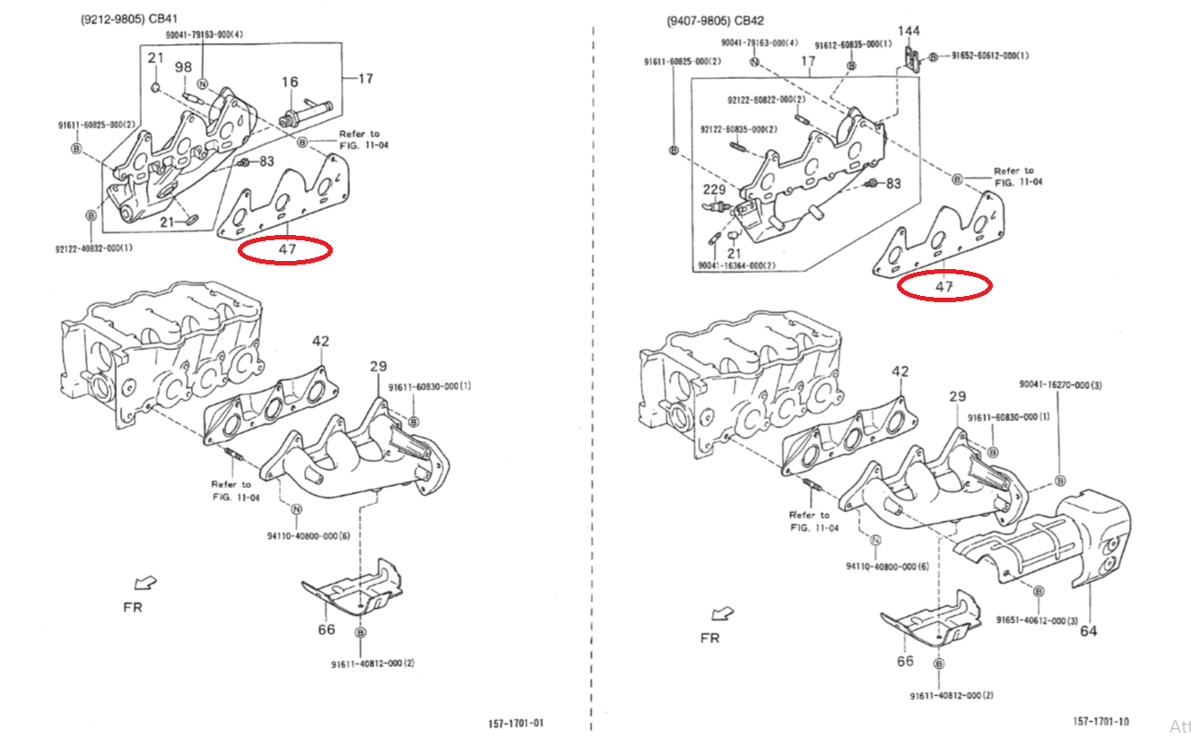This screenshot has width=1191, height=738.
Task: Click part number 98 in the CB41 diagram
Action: coord(183,67)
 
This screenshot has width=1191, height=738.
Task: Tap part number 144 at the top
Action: coord(909,31)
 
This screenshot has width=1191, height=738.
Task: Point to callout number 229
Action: coord(714,189)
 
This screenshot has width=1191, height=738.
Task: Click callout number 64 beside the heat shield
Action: coord(1088,630)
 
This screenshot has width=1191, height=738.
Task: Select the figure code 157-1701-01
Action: coord(516,724)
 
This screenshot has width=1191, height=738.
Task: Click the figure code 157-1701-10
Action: coord(1101,721)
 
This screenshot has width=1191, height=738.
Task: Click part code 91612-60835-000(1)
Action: coord(853,45)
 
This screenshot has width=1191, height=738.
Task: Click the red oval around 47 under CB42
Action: coord(944,286)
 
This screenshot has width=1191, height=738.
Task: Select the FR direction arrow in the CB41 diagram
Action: coord(143,583)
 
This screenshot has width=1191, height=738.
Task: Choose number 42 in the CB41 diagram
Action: coord(321,342)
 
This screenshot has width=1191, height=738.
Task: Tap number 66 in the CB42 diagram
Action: coord(905,661)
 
